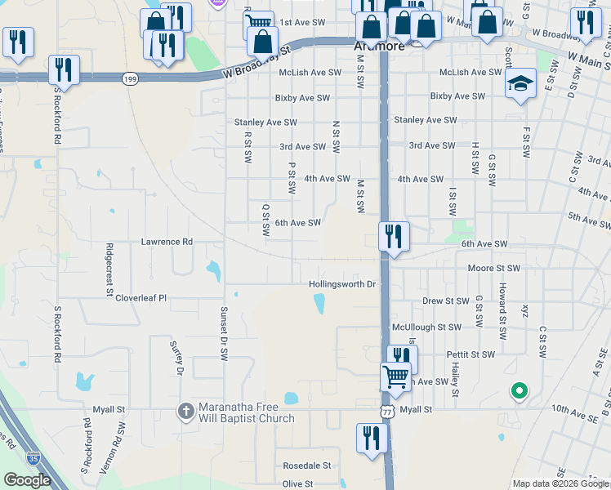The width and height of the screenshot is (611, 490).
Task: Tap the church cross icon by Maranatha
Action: tap(186, 412)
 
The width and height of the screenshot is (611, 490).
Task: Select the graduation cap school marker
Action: tap(520, 82)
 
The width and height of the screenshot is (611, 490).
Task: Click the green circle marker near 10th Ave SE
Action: tap(518, 391)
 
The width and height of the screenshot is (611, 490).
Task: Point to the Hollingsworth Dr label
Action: tap(342, 284)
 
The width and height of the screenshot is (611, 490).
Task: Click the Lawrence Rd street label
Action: tap(167, 242)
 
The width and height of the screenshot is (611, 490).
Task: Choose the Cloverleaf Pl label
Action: tap(140, 298)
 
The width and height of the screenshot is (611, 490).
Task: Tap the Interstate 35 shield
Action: tap(33, 460)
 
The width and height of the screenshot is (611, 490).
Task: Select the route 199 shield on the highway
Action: tap(130, 78)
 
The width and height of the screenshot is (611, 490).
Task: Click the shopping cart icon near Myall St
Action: tap(396, 376)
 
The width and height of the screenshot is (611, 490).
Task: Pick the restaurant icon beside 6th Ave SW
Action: tap(394, 236)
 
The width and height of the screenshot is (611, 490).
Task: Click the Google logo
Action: tap(27, 480)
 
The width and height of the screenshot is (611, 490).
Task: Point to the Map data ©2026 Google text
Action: tap(560, 483)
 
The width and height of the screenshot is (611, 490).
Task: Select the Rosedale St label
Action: tap(306, 465)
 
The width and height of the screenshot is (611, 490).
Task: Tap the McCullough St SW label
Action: tap(426, 327)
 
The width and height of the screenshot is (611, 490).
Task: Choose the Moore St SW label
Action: tap(493, 268)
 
